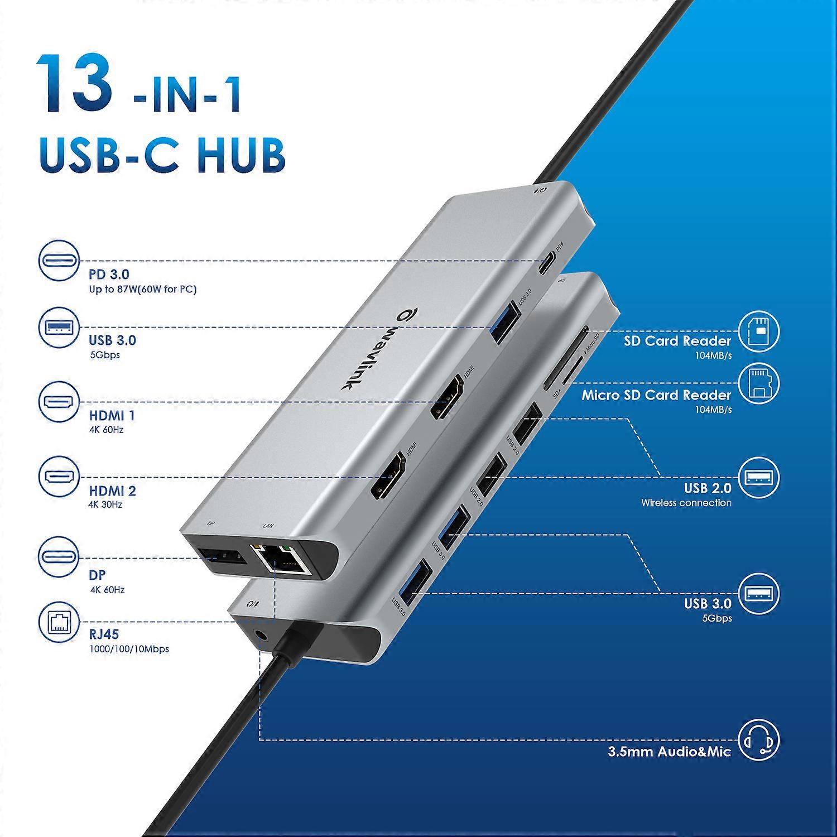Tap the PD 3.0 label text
109,275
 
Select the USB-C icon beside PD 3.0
59,261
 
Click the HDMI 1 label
112,416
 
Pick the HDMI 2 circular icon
59,477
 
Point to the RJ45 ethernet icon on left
59,622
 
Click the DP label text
97,575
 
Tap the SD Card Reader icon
758,331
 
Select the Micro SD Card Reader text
656,395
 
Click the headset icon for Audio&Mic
758,740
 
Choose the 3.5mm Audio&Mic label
669,752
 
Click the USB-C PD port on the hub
549,261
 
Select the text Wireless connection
686,503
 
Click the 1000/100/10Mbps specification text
129,649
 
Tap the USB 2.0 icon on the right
758,478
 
